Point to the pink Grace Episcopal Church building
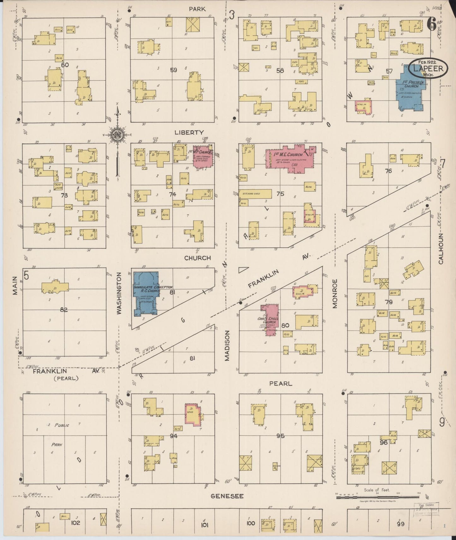pyautogui.click(x=270, y=320)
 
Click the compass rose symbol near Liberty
pyautogui.click(x=117, y=135)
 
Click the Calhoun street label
pyautogui.click(x=441, y=249)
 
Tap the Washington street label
pyautogui.click(x=119, y=293)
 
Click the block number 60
pyautogui.click(x=65, y=65)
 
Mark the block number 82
pyautogui.click(x=64, y=310)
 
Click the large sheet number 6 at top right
pyautogui.click(x=431, y=24)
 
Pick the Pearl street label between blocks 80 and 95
pyautogui.click(x=281, y=383)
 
